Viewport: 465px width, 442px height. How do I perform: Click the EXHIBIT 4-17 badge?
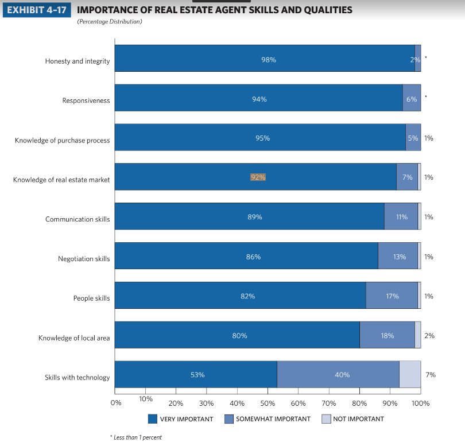click(36, 10)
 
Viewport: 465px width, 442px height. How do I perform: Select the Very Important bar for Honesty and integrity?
click(264, 58)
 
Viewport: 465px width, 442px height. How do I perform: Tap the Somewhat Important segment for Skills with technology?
click(338, 375)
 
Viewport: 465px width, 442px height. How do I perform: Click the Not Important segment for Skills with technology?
click(410, 375)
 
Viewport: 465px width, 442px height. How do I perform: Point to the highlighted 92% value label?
click(258, 177)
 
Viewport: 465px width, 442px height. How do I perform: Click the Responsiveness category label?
click(86, 101)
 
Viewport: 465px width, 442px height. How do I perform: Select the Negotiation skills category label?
click(84, 259)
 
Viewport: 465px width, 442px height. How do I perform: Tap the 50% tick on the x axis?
click(268, 403)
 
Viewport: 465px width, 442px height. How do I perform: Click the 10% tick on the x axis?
click(146, 399)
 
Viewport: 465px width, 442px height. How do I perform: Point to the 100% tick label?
click(421, 403)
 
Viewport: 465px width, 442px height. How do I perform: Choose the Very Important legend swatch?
click(153, 418)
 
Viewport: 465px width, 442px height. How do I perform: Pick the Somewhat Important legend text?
click(273, 418)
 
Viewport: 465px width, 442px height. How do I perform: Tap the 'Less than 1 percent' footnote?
click(135, 437)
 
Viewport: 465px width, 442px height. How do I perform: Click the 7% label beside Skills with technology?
click(431, 375)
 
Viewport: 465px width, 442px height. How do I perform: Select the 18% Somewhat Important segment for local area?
click(387, 335)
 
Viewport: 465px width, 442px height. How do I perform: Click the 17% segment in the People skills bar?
click(392, 296)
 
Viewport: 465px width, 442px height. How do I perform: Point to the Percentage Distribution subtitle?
click(110, 22)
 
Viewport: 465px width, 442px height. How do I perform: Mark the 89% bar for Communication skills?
click(249, 216)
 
